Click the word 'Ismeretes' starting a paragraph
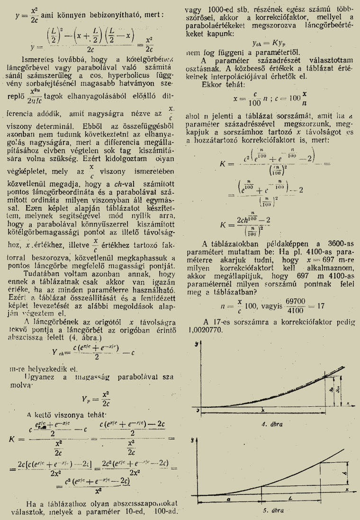click(x=37, y=60)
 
